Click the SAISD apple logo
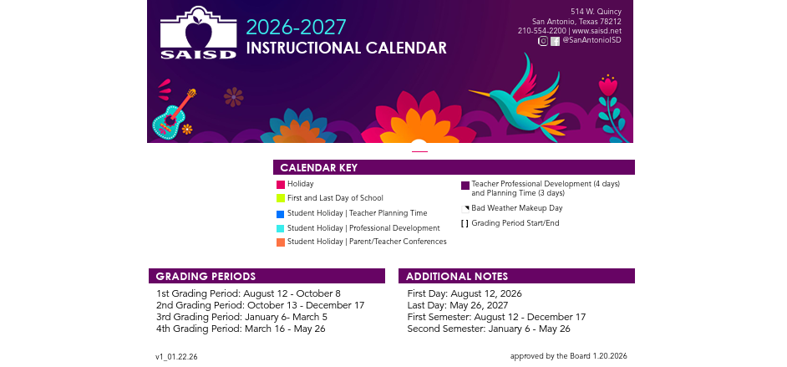coord(198,33)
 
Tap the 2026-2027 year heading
coord(296,27)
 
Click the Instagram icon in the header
coord(543,41)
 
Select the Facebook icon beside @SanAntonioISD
coord(555,42)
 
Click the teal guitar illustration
coord(173,115)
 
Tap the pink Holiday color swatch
coord(281,185)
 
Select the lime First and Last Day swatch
coord(281,198)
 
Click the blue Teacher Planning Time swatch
coord(281,214)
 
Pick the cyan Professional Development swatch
coord(281,228)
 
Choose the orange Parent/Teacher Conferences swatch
coord(281,242)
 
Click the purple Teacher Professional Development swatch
coord(465,186)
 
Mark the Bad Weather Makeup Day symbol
coord(465,209)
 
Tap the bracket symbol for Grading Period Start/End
coord(465,224)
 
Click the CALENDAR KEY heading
coord(318,168)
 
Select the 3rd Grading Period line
coord(242,318)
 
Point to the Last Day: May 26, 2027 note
coord(458,305)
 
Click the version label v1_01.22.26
coord(176,357)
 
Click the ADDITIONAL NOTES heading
coord(457,276)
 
